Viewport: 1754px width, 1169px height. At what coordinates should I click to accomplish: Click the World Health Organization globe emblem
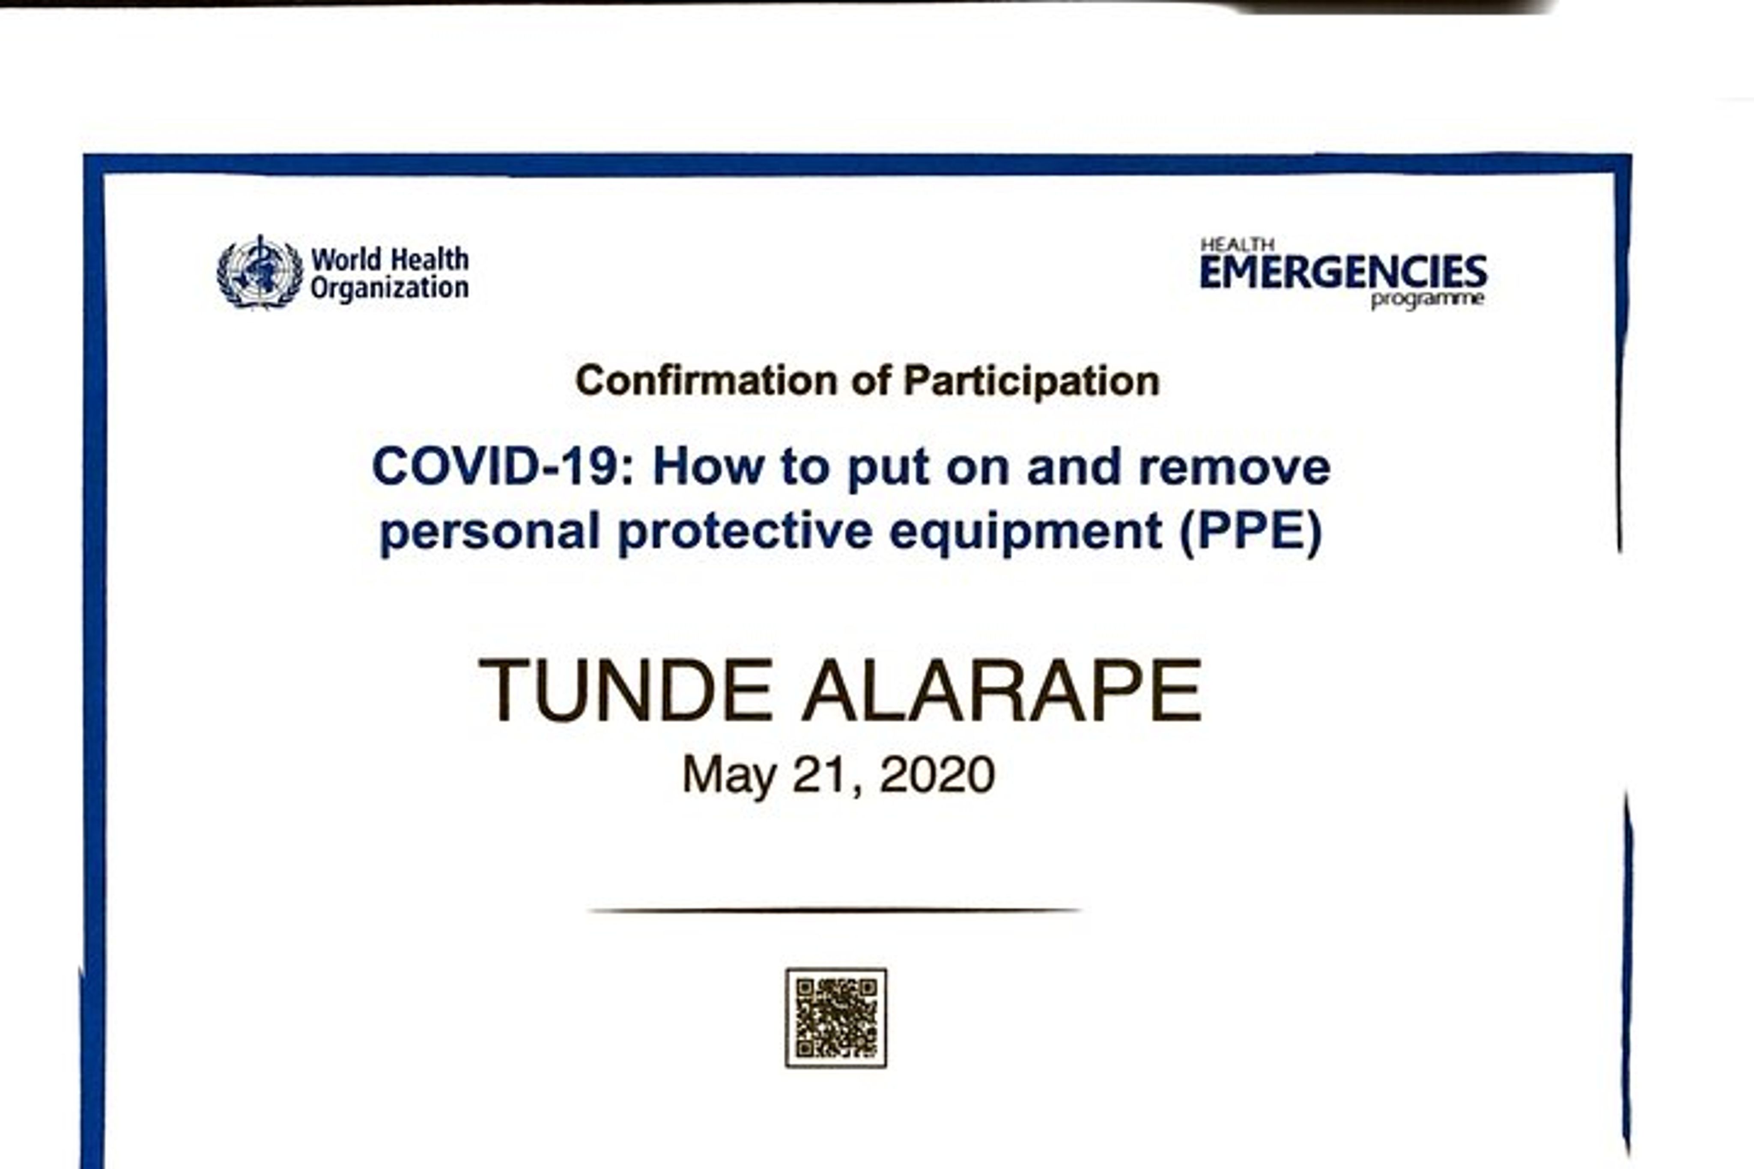click(260, 272)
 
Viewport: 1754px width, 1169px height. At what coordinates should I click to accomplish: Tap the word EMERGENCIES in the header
click(1343, 272)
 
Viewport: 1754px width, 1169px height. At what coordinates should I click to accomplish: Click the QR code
click(836, 1017)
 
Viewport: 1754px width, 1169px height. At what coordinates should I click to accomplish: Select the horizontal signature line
click(835, 910)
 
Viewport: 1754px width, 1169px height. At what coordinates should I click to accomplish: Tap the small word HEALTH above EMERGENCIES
click(1237, 244)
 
